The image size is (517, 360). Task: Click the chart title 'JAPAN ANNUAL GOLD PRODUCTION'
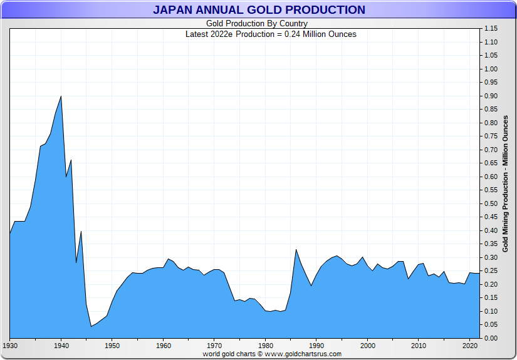pyautogui.click(x=258, y=10)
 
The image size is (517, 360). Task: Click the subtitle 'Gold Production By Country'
pyautogui.click(x=257, y=24)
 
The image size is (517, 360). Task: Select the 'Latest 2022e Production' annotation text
pyautogui.click(x=271, y=34)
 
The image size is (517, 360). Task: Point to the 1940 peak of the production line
pyautogui.click(x=61, y=96)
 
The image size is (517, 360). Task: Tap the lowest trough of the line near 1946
pyautogui.click(x=91, y=326)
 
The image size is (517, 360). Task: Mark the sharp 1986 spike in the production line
pyautogui.click(x=296, y=250)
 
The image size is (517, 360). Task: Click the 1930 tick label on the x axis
pyautogui.click(x=10, y=345)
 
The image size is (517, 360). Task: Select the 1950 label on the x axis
pyautogui.click(x=112, y=345)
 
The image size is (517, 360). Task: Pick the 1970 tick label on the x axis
pyautogui.click(x=214, y=345)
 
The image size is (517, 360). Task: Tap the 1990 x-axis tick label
pyautogui.click(x=316, y=345)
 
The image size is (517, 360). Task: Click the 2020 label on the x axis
pyautogui.click(x=469, y=345)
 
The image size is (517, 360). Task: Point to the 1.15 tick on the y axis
pyautogui.click(x=491, y=29)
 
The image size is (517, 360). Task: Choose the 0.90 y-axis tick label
pyautogui.click(x=491, y=96)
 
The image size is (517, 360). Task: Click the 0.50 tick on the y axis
pyautogui.click(x=491, y=203)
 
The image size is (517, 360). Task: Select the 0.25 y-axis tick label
pyautogui.click(x=491, y=270)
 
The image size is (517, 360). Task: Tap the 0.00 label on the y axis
pyautogui.click(x=491, y=338)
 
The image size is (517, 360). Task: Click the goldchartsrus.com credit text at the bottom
pyautogui.click(x=272, y=354)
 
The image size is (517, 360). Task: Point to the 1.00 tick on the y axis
pyautogui.click(x=491, y=69)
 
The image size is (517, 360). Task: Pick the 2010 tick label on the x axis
pyautogui.click(x=419, y=345)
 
